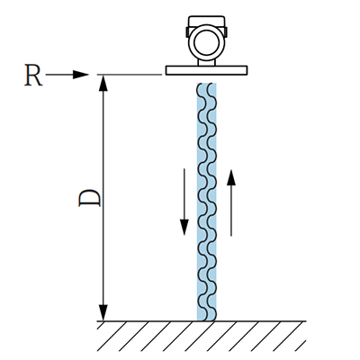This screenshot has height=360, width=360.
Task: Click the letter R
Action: pos(33,75)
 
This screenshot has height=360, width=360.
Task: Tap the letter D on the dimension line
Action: pos(89,198)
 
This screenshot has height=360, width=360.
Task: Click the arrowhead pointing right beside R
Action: pos(81,75)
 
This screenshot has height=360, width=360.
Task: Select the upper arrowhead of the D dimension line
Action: pos(103,83)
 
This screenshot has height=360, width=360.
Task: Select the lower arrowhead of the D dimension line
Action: pos(103,313)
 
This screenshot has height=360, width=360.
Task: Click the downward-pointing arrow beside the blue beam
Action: pos(184,202)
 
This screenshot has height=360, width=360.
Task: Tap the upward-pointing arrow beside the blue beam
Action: pos(231,203)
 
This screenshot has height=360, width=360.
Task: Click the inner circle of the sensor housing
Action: pos(206,42)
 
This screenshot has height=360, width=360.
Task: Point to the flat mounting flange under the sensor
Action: pos(207,70)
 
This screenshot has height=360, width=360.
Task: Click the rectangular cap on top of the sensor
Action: pos(206,21)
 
